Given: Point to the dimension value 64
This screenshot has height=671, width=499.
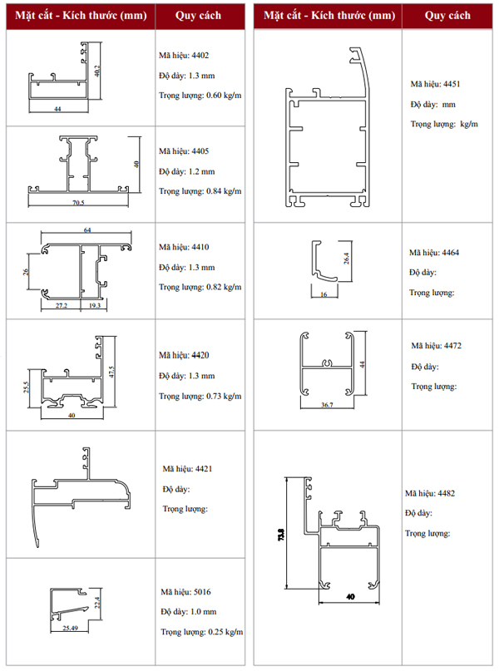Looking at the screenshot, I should tap(87, 230).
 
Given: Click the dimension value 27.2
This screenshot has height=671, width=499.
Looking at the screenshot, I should tap(61, 306).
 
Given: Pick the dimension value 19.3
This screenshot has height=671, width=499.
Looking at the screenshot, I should tap(94, 306).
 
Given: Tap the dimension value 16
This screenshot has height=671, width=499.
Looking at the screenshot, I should tap(324, 295).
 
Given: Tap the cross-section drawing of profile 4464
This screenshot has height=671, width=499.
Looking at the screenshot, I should tap(324, 259).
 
